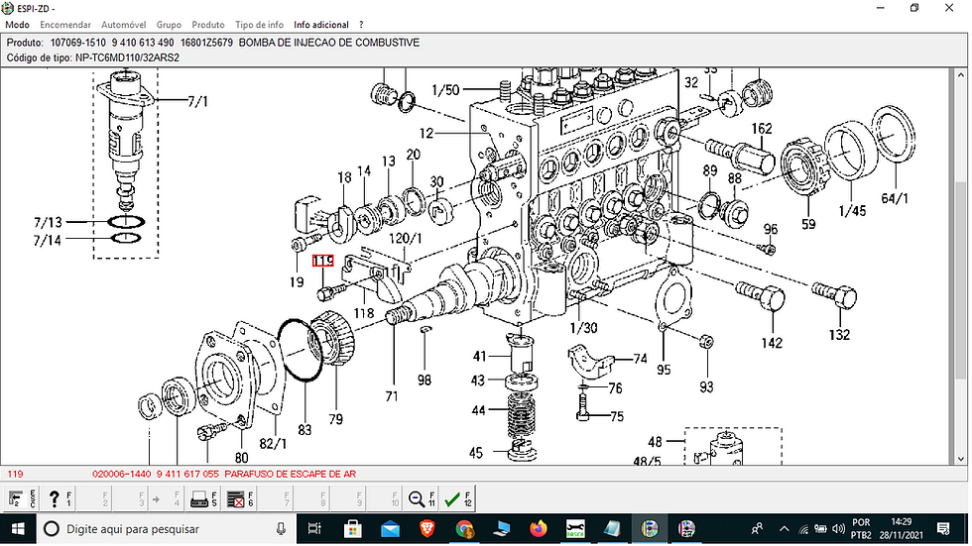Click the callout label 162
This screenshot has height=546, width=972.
(761, 129)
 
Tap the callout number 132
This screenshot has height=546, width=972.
(840, 335)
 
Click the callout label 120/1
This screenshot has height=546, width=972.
(405, 239)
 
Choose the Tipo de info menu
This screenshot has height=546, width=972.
(259, 24)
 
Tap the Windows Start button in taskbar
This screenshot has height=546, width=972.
(19, 529)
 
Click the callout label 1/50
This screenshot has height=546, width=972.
(445, 91)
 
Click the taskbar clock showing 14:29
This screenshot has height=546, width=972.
(901, 522)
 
